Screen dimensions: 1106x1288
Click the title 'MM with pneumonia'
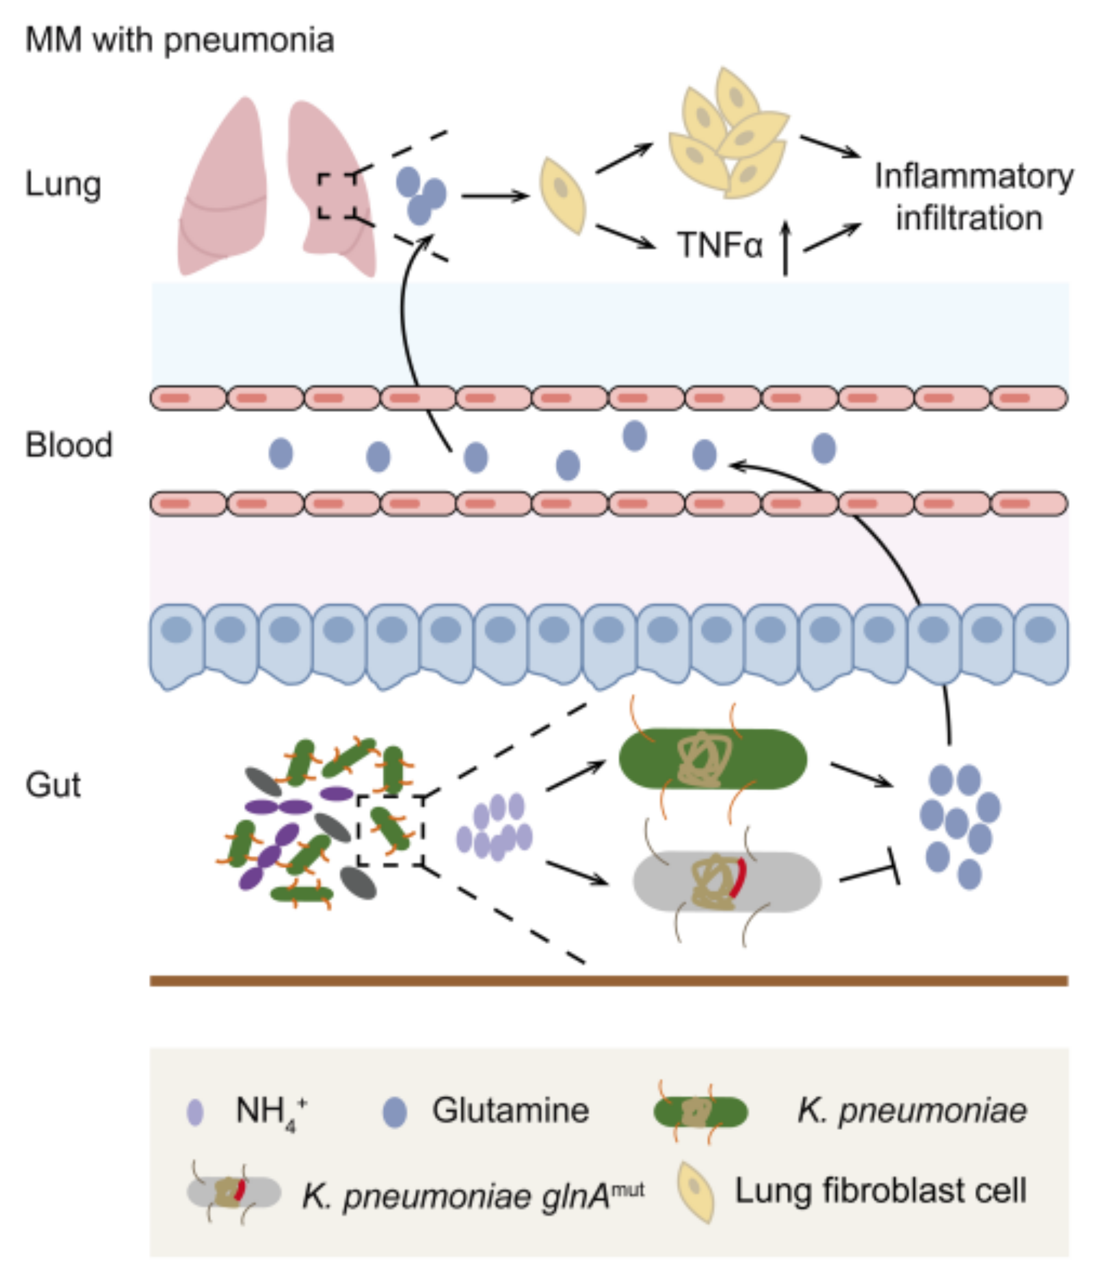coord(179,40)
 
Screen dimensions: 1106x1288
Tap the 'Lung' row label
coord(63,185)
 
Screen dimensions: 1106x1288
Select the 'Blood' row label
coord(69,446)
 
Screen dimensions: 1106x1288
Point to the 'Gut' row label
coord(53,785)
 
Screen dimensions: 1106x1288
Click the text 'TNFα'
coord(719,246)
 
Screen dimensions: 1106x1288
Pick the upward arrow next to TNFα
coord(785,249)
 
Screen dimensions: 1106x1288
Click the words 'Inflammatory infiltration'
coord(973,197)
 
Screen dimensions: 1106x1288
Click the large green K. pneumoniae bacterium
coord(713,759)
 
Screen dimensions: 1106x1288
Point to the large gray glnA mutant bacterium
coord(727,882)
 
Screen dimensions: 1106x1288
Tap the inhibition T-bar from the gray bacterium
coord(869,872)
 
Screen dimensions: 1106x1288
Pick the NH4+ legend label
coord(271,1112)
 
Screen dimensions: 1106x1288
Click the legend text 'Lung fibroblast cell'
coord(881,1191)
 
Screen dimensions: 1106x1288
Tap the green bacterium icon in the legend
coord(701,1112)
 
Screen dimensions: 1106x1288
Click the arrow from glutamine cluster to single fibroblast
coord(495,195)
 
